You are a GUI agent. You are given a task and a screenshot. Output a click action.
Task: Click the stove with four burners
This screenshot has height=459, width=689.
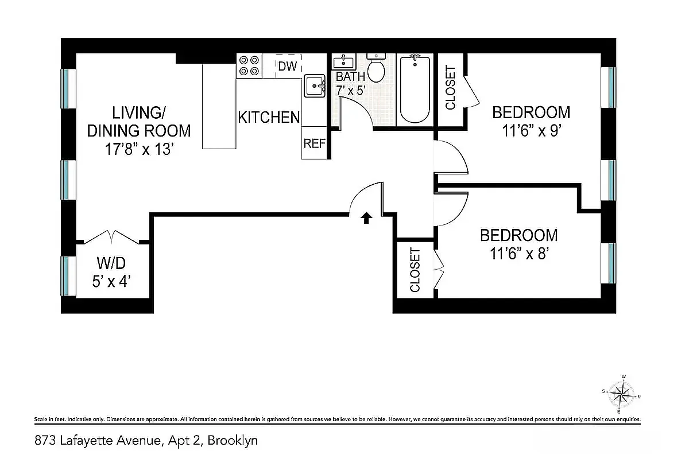(249, 65)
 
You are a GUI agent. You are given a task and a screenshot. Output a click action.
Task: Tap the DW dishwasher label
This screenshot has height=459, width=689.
(287, 66)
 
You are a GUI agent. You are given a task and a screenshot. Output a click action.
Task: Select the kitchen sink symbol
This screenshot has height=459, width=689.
(315, 87)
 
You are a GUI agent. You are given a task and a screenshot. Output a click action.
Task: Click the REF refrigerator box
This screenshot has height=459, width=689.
(315, 143)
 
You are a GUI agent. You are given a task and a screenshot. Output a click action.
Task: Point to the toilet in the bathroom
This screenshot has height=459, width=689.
(377, 68)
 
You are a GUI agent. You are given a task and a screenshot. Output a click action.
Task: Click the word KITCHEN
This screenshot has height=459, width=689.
(269, 117)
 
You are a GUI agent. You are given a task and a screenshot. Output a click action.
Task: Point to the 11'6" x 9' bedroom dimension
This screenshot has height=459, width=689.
(531, 131)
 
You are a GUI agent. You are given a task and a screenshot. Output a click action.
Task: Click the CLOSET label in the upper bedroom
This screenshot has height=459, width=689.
(451, 87)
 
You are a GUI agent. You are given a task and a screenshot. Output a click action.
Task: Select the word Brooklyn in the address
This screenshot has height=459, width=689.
(233, 441)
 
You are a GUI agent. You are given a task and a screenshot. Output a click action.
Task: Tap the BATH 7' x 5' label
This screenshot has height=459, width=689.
(350, 83)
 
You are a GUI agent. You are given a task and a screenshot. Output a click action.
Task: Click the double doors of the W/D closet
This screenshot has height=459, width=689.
(113, 236)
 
